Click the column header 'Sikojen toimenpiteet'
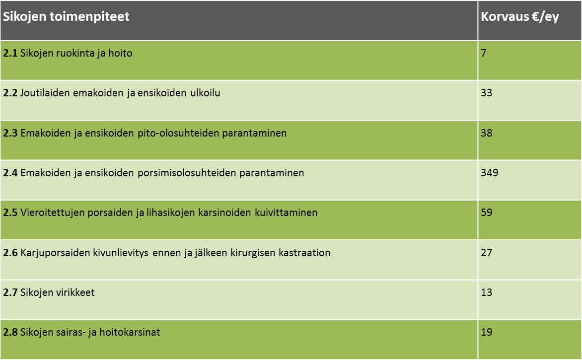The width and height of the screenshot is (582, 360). [x=66, y=17]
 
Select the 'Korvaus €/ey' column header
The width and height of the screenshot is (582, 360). [x=519, y=17]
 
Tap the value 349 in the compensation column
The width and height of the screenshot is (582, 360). [x=490, y=173]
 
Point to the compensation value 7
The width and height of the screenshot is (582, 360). [x=484, y=53]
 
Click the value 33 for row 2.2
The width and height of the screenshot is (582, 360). [x=487, y=93]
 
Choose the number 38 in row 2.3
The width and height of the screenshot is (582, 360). [x=487, y=133]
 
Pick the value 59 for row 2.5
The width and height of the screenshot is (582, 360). [x=487, y=213]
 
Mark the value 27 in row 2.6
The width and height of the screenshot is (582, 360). [x=487, y=252]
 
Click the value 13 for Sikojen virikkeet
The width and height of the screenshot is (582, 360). [x=487, y=292]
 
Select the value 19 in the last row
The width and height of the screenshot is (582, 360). [x=487, y=332]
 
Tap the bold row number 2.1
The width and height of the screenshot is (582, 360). [x=10, y=53]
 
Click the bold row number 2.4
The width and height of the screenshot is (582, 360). [x=10, y=173]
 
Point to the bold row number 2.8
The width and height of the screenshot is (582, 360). [x=10, y=332]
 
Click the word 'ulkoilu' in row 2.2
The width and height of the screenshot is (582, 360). [x=205, y=93]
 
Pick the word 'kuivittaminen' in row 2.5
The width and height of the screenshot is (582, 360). [x=286, y=213]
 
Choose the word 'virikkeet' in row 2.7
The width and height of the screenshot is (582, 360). [x=75, y=292]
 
